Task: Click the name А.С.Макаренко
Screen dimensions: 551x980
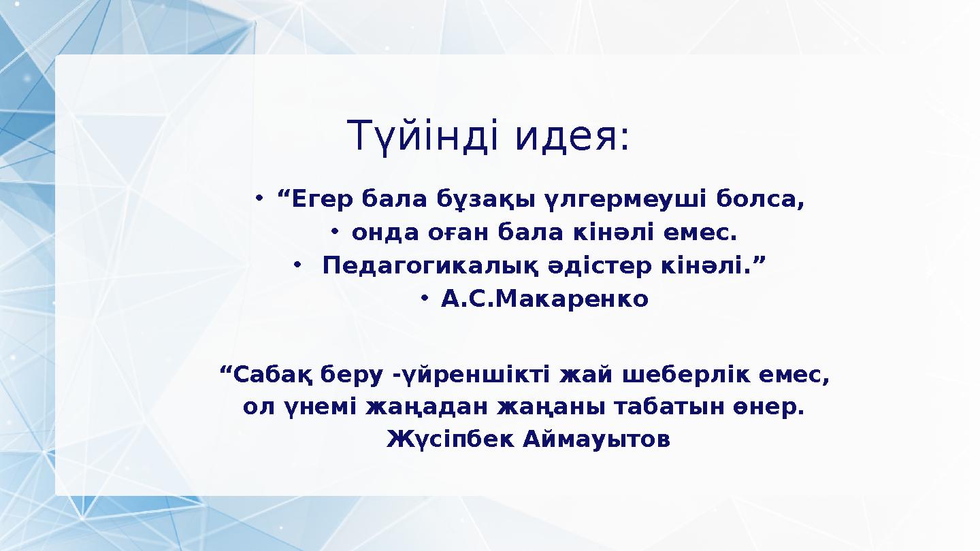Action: point(544,299)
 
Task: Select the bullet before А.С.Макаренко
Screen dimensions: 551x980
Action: point(424,297)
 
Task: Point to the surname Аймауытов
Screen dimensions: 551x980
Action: point(597,439)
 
